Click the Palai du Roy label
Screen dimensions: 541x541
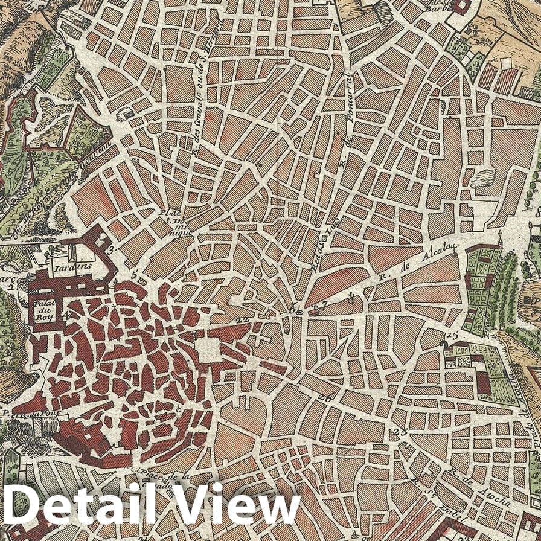pyautogui.click(x=44, y=309)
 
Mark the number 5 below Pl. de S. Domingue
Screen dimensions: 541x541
pyautogui.click(x=134, y=276)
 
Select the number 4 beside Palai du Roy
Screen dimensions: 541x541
pyautogui.click(x=67, y=315)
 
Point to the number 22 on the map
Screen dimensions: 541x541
pyautogui.click(x=243, y=320)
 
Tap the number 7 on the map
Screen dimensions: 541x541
pyautogui.click(x=324, y=305)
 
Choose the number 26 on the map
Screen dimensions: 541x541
pyautogui.click(x=325, y=398)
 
